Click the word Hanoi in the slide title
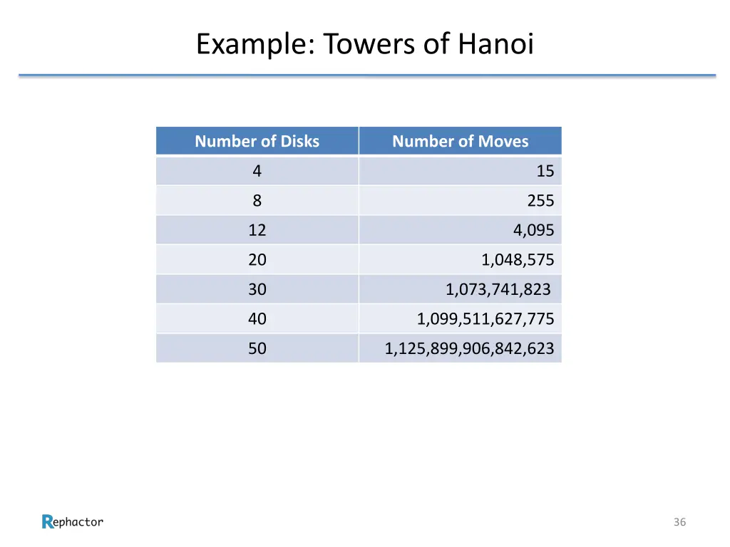[495, 45]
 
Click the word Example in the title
[250, 45]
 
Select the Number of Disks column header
[257, 141]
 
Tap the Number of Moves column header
[461, 141]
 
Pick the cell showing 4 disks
[257, 171]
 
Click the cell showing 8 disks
[257, 201]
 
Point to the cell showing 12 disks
[257, 230]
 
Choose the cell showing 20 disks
[257, 260]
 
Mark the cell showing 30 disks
[257, 289]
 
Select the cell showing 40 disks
[257, 319]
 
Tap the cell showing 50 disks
[257, 348]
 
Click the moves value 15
[545, 171]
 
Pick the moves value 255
[540, 201]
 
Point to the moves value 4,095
[533, 230]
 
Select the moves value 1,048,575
[518, 260]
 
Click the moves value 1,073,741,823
[498, 289]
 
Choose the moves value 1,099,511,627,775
[485, 319]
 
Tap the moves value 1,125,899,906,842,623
[469, 348]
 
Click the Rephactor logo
[73, 522]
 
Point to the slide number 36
[679, 522]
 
